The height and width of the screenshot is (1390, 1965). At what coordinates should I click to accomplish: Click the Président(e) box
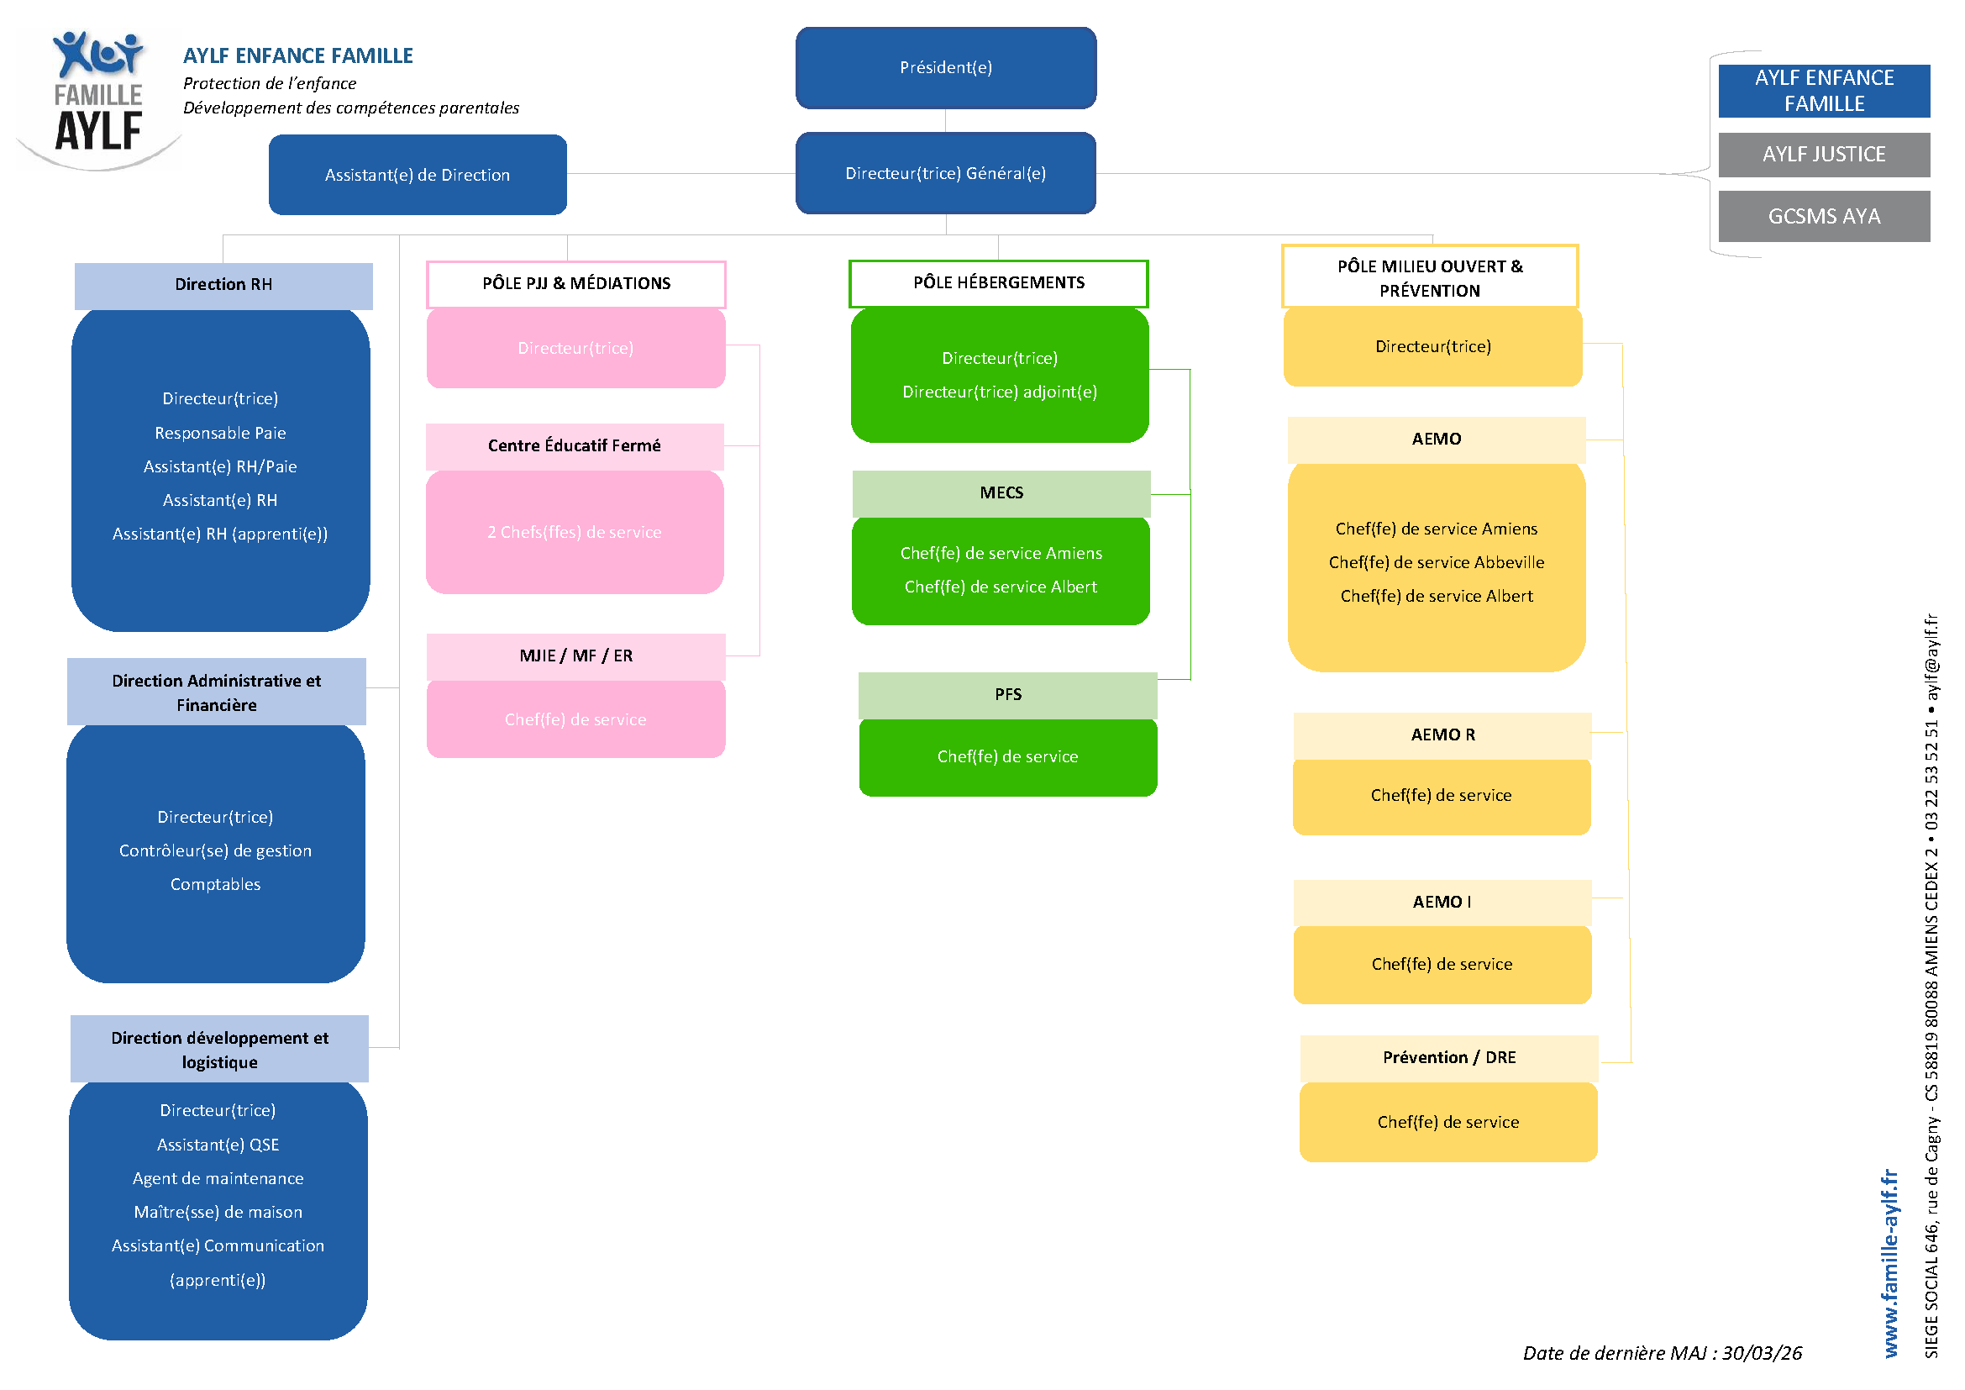[x=946, y=67]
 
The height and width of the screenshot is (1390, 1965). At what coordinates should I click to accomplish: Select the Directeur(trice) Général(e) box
[x=946, y=173]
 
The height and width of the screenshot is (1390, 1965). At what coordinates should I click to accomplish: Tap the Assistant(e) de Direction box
[x=418, y=175]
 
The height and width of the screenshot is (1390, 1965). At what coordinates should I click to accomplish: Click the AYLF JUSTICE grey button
[x=1824, y=155]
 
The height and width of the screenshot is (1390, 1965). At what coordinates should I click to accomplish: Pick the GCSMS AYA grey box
[x=1824, y=217]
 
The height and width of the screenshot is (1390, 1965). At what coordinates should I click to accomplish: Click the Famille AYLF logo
[x=98, y=98]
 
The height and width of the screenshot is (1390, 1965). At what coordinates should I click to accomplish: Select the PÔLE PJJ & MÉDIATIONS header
[x=576, y=284]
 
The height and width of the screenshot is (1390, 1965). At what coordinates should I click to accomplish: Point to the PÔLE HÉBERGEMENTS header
[x=999, y=283]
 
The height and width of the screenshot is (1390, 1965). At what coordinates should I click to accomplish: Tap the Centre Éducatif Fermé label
[x=575, y=446]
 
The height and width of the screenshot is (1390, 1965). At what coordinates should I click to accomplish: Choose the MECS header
[x=1001, y=494]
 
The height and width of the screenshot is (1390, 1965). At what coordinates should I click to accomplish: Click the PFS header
[x=1008, y=695]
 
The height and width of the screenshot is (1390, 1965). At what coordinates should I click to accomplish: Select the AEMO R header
[x=1442, y=735]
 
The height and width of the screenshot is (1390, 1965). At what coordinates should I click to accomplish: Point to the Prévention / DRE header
[x=1449, y=1058]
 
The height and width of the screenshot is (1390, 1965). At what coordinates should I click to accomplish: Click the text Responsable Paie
[x=220, y=433]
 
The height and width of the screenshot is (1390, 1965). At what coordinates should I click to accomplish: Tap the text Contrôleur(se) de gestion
[x=216, y=850]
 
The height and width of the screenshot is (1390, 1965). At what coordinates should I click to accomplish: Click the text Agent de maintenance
[x=218, y=1178]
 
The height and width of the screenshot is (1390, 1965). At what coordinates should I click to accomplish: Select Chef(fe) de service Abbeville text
[x=1436, y=562]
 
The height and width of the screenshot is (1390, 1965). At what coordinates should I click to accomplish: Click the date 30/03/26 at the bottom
[x=1763, y=1353]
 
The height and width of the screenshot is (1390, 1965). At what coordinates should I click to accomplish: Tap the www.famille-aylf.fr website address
[x=1889, y=1263]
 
